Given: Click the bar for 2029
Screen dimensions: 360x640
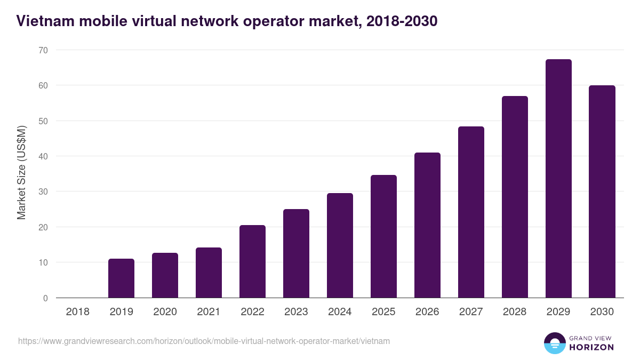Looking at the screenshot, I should click(558, 179).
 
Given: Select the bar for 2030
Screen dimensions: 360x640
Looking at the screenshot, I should click(602, 191).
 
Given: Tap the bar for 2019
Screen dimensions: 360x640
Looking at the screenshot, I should click(121, 278).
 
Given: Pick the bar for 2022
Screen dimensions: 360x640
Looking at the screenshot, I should click(252, 261).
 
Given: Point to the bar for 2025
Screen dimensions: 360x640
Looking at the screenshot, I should click(383, 236).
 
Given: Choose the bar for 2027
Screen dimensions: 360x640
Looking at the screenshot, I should click(471, 212).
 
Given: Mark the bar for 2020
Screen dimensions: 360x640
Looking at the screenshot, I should click(165, 275).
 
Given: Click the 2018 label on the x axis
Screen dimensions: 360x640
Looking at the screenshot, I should click(77, 312).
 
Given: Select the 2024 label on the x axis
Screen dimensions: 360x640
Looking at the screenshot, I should click(340, 312).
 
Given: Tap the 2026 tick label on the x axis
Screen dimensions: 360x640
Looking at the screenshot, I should click(427, 312).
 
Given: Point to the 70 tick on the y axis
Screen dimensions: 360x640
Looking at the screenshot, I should click(43, 50).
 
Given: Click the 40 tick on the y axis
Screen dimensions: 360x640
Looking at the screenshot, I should click(43, 156).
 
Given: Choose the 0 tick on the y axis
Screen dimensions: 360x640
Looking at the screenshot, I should click(45, 298).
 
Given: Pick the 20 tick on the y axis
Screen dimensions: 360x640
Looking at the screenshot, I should click(43, 227).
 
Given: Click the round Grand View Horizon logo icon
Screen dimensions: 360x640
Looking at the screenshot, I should click(555, 343).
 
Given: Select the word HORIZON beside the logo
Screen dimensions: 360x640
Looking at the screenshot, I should click(591, 347).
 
